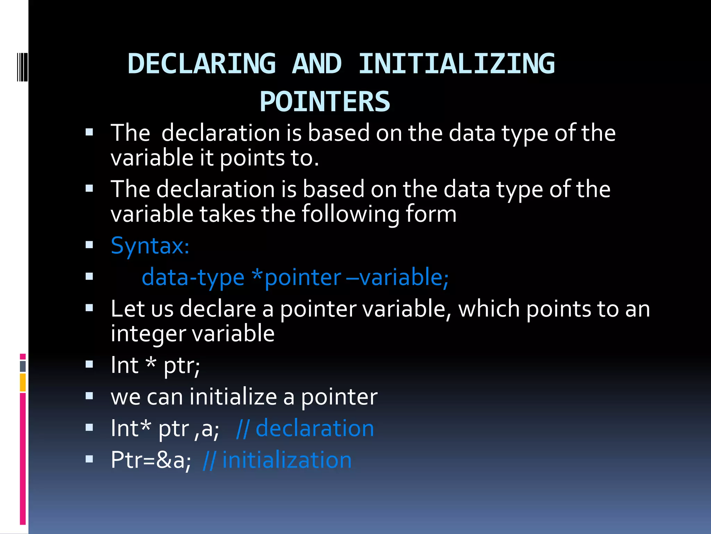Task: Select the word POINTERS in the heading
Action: pyautogui.click(x=325, y=102)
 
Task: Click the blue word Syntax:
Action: pyautogui.click(x=150, y=246)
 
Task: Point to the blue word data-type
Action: pyautogui.click(x=193, y=278)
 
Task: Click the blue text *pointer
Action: pyautogui.click(x=297, y=278)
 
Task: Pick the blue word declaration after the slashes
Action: pyautogui.click(x=315, y=428)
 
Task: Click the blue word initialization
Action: pyautogui.click(x=287, y=460)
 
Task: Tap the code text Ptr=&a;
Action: pyautogui.click(x=151, y=460)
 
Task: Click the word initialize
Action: pyautogui.click(x=233, y=397)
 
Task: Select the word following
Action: pyautogui.click(x=350, y=214)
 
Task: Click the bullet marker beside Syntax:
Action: pyautogui.click(x=89, y=245)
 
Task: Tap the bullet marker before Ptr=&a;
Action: pyautogui.click(x=89, y=459)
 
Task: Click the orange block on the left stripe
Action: pyautogui.click(x=23, y=382)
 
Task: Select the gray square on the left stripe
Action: pyautogui.click(x=23, y=366)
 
